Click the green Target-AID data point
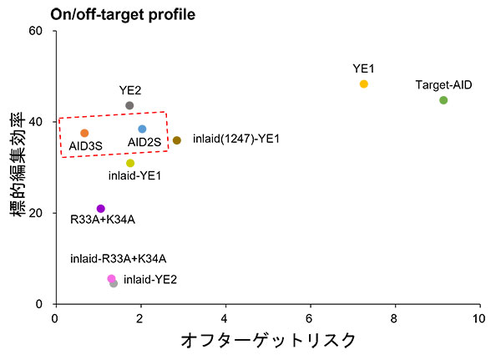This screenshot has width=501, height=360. (443, 100)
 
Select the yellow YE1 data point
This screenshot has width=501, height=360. (363, 84)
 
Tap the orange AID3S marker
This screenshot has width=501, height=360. (84, 133)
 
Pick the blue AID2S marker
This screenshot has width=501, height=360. (142, 129)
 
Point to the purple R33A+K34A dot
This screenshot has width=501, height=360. (101, 209)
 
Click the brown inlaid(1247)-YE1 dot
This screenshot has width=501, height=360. (177, 140)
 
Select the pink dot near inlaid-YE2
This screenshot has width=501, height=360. (111, 279)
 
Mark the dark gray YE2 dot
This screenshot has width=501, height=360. (129, 105)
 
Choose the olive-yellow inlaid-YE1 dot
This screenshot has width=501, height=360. (130, 164)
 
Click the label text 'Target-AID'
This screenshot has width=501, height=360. (443, 85)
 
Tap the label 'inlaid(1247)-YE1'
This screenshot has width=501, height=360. (236, 139)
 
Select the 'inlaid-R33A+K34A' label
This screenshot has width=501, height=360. (119, 259)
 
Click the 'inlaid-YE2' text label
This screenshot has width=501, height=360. (150, 280)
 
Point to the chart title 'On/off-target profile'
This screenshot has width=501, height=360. (123, 15)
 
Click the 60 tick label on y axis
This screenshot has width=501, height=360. (35, 31)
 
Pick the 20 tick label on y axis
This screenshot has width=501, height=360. (35, 213)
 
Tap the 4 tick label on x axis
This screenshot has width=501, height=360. (225, 319)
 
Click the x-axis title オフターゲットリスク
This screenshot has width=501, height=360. (268, 341)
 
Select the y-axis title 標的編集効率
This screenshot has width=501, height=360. (18, 165)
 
